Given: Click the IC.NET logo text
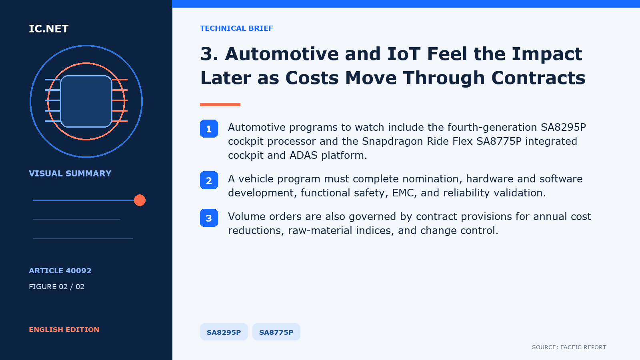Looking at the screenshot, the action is pyautogui.click(x=48, y=29).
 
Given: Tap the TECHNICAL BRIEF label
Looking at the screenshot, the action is pyautogui.click(x=236, y=28).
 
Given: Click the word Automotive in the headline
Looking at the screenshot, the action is pyautogui.click(x=282, y=54).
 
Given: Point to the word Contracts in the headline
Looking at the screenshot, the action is pyautogui.click(x=538, y=78).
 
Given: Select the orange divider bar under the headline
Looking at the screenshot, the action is pyautogui.click(x=220, y=104).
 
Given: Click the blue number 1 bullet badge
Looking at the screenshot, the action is pyautogui.click(x=209, y=128).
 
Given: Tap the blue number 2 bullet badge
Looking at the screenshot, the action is pyautogui.click(x=209, y=180).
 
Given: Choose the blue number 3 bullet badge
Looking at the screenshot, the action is pyautogui.click(x=209, y=218).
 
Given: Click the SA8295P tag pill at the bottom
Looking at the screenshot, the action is pyautogui.click(x=224, y=332).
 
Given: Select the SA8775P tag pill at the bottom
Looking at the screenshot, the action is pyautogui.click(x=276, y=332).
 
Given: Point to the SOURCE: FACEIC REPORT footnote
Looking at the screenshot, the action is pyautogui.click(x=569, y=347).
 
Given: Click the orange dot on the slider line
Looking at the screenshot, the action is pyautogui.click(x=140, y=200).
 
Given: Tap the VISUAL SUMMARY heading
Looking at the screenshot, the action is pyautogui.click(x=70, y=174).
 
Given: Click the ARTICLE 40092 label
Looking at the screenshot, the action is pyautogui.click(x=60, y=270).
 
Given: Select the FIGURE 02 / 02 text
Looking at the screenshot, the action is pyautogui.click(x=56, y=286).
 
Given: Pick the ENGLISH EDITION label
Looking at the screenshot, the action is pyautogui.click(x=64, y=330).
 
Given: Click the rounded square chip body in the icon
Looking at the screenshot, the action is pyautogui.click(x=86, y=101).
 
